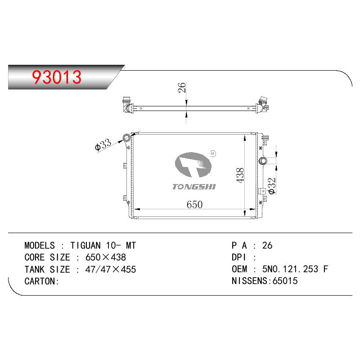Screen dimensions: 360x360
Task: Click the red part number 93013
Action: (x=57, y=77)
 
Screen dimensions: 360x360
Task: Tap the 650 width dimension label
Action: (x=194, y=205)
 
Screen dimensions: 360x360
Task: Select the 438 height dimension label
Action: (x=240, y=175)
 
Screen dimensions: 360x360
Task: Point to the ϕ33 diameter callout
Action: (x=103, y=144)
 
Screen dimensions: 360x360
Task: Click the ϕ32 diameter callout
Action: (x=272, y=186)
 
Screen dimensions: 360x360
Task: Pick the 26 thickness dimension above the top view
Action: (x=182, y=87)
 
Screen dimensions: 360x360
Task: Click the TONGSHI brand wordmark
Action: (x=194, y=187)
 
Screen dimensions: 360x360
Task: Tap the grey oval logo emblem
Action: (x=193, y=164)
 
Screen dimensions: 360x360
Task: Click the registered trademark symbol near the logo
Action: (x=213, y=153)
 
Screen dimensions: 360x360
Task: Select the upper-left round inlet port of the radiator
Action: (x=126, y=138)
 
